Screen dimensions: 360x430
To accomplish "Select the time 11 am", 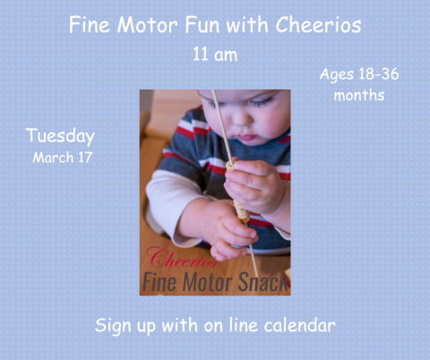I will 215,55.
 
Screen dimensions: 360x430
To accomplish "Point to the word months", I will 359,95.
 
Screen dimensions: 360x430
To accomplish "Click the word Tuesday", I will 60,137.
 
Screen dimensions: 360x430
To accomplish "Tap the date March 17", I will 63,158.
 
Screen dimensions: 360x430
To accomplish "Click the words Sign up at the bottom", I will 126,325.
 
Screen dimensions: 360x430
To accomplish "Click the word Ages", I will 336,73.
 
